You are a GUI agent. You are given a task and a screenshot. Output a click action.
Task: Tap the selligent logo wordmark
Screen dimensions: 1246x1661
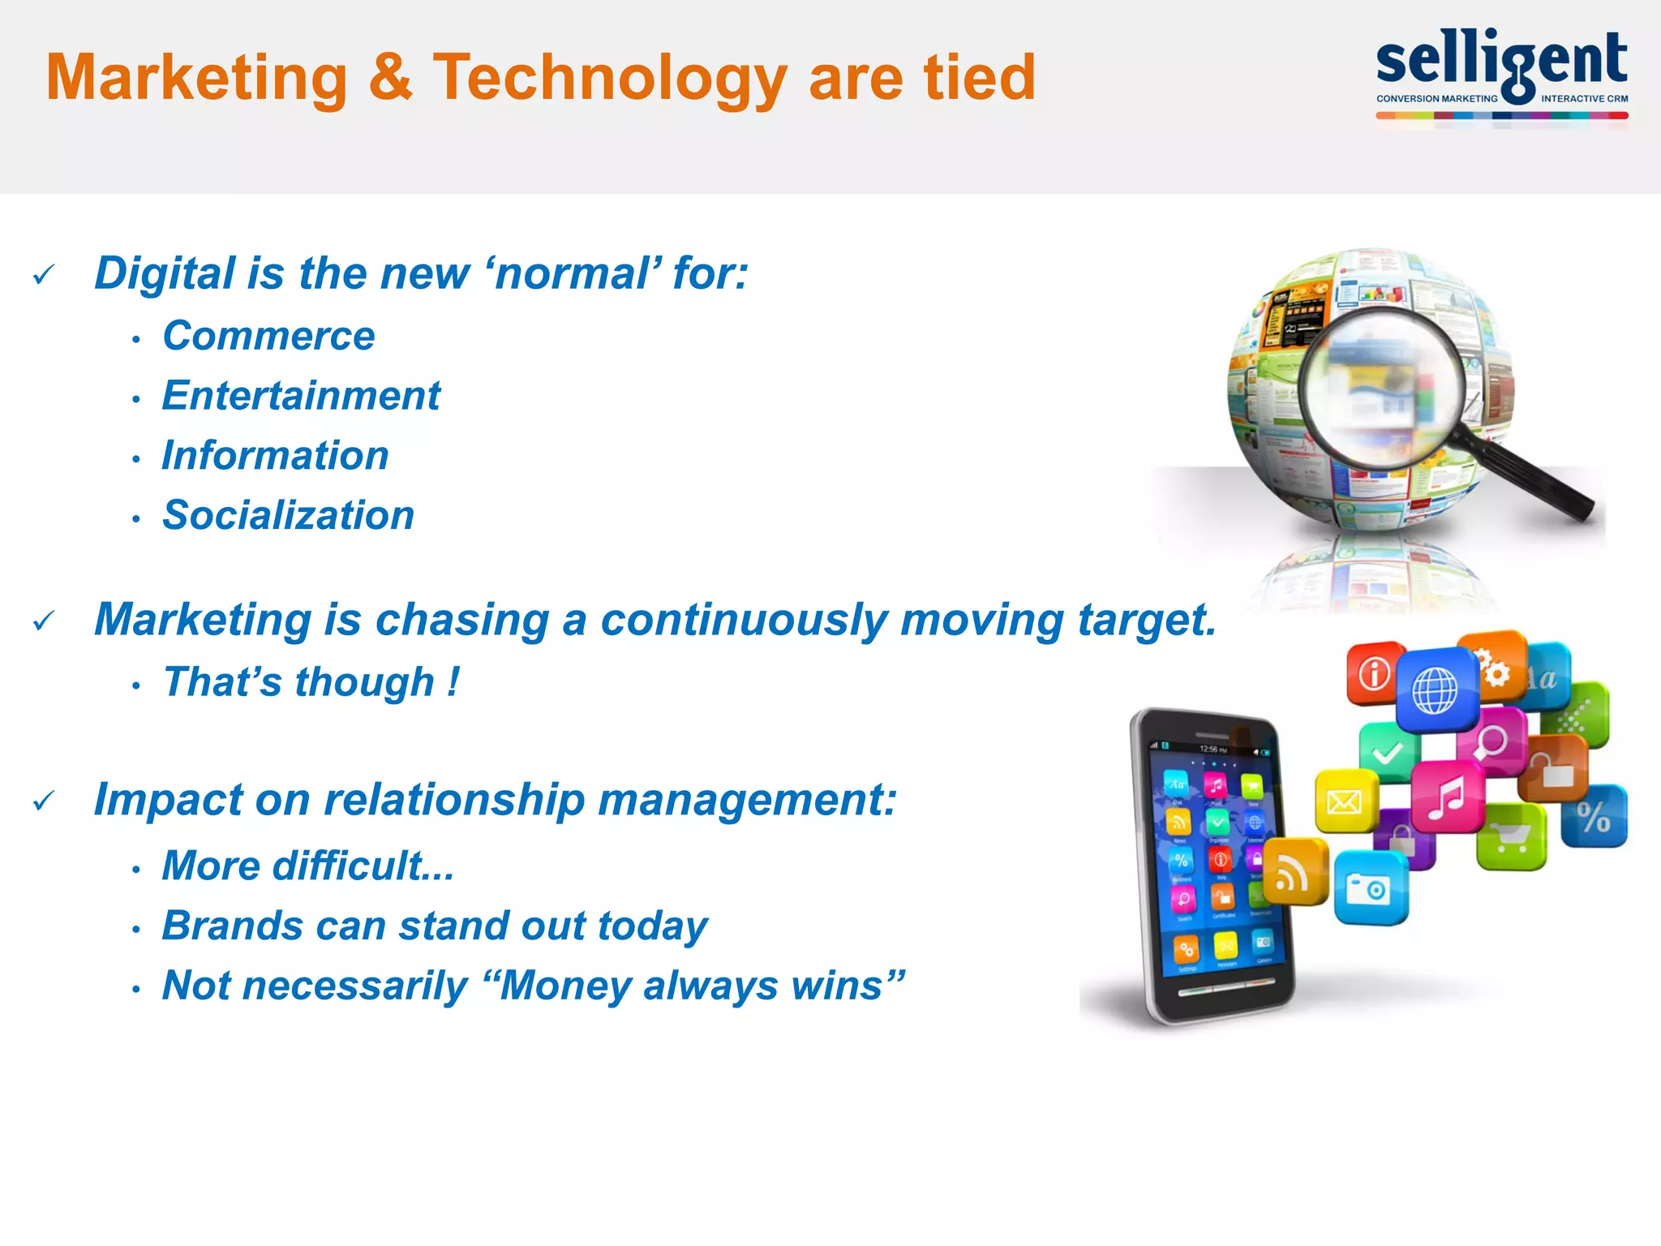(1501, 61)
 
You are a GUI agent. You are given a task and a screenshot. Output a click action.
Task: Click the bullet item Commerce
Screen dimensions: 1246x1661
(268, 336)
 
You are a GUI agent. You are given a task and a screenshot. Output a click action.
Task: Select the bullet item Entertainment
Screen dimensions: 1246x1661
(301, 396)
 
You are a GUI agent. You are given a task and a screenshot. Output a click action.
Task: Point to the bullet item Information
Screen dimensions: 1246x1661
(275, 455)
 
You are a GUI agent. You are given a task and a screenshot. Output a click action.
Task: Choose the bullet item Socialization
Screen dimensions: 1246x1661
(288, 515)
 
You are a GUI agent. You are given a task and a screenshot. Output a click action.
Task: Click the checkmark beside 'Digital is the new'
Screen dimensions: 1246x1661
(44, 275)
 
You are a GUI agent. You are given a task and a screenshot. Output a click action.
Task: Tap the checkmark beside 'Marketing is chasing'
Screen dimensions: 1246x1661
(44, 621)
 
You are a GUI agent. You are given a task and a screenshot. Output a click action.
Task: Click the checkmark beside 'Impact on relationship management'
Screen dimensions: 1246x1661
(44, 801)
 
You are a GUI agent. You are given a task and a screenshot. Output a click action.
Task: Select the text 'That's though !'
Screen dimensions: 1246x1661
(311, 682)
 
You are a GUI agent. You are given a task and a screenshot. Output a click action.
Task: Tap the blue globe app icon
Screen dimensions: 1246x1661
(1435, 690)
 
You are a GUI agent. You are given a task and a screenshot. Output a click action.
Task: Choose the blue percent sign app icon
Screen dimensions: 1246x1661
(1593, 816)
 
